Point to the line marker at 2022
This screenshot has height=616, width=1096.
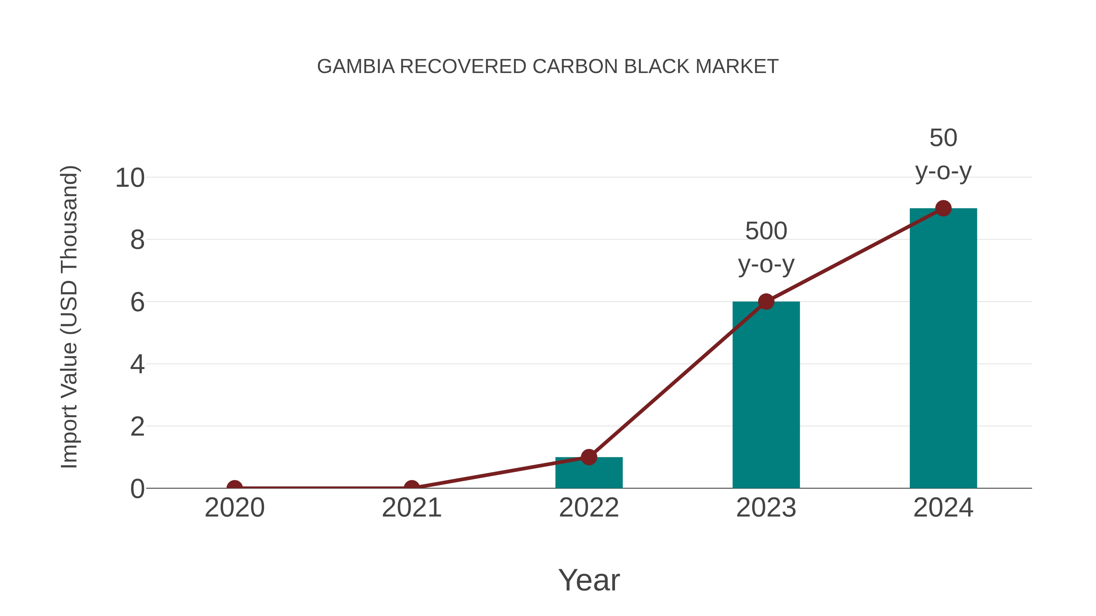589,457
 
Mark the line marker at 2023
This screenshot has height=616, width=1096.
766,301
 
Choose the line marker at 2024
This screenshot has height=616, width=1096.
943,208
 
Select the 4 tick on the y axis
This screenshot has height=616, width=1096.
137,364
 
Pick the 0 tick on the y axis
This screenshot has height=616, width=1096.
137,489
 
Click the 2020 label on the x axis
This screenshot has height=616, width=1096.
234,508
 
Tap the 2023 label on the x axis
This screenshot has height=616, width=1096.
766,508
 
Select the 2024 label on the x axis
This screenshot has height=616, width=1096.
943,508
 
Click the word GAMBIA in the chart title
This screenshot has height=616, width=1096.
356,67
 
